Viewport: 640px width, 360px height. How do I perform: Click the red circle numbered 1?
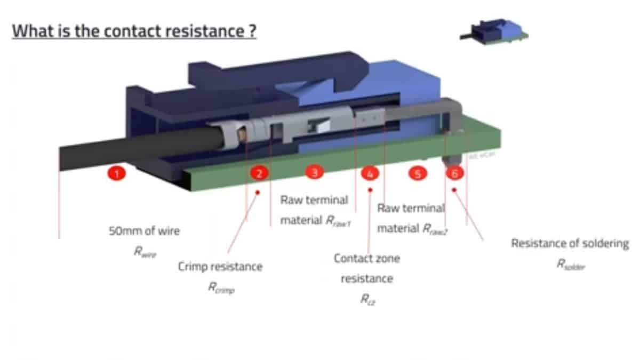(117, 173)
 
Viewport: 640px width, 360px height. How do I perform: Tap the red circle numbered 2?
(259, 173)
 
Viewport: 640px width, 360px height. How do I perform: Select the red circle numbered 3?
(315, 172)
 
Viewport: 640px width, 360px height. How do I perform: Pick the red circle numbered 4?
(369, 173)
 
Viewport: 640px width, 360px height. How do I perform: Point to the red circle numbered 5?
(418, 173)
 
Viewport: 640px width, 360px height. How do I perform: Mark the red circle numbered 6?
(454, 173)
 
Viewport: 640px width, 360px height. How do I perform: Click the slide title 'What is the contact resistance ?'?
(134, 30)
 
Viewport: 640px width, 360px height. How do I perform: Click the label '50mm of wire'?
(144, 231)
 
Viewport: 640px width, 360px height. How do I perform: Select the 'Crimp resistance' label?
(220, 266)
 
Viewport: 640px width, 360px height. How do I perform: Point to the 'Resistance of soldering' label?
(570, 243)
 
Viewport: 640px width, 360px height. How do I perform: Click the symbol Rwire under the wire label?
(145, 252)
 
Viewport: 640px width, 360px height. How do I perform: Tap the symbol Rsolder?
(570, 265)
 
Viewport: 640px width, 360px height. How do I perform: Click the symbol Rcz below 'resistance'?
(367, 300)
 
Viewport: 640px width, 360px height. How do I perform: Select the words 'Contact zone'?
(367, 258)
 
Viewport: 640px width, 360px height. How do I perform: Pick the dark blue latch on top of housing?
(277, 69)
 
